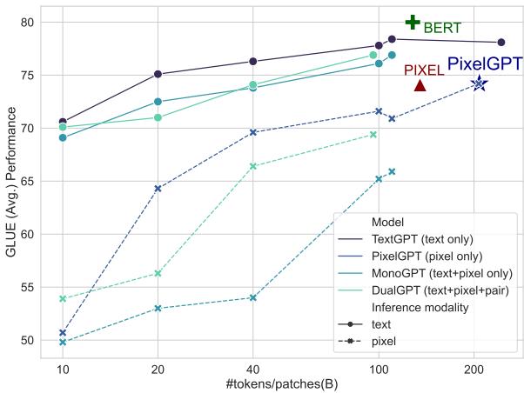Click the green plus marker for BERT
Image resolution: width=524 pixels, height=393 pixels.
point(413,23)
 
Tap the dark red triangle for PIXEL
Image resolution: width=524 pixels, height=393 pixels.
point(420,85)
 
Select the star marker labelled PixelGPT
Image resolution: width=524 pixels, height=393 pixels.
point(479,83)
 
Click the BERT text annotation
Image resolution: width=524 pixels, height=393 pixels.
point(442,29)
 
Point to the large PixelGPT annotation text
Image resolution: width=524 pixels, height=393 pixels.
point(484,63)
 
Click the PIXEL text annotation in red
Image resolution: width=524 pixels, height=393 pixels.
point(424,70)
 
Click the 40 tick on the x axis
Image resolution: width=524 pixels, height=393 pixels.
point(252,370)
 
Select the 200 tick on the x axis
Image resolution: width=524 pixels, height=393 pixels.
point(474,370)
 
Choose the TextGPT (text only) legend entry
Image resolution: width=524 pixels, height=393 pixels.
point(420,239)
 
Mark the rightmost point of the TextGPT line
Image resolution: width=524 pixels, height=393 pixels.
point(501,43)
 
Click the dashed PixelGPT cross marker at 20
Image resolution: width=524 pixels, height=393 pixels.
point(158,189)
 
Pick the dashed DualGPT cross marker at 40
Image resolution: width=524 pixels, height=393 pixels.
point(252,166)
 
